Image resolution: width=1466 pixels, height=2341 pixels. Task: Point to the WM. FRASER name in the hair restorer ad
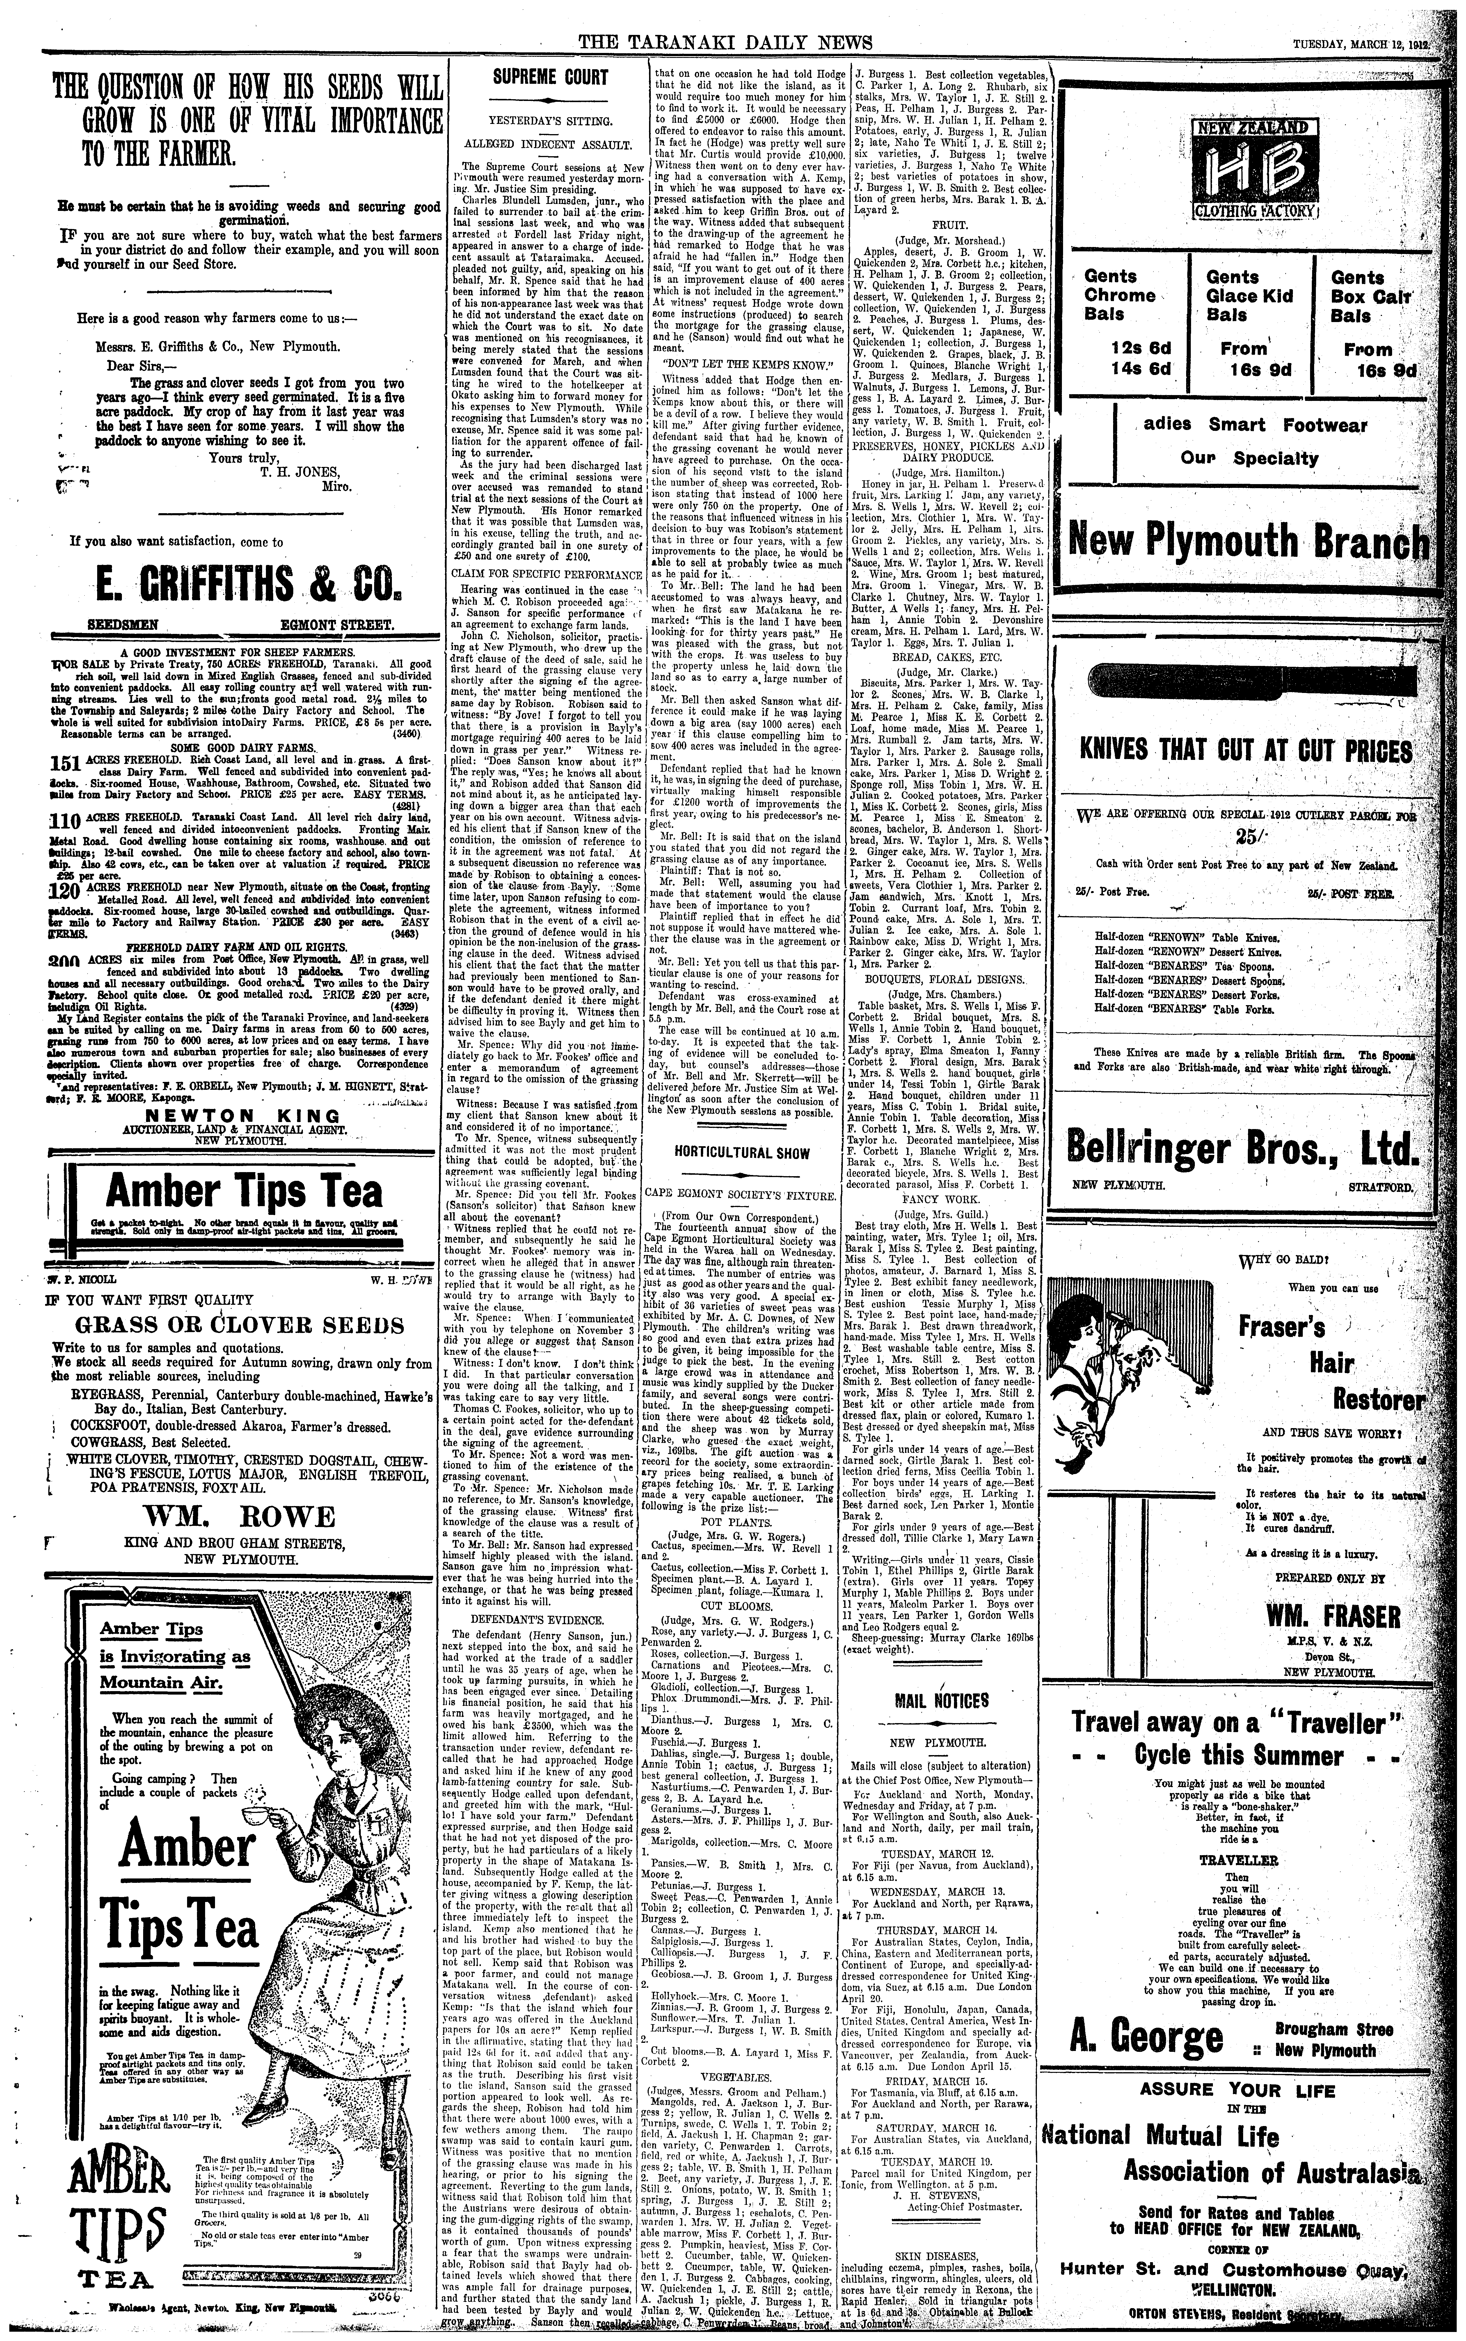click(x=1333, y=1616)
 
